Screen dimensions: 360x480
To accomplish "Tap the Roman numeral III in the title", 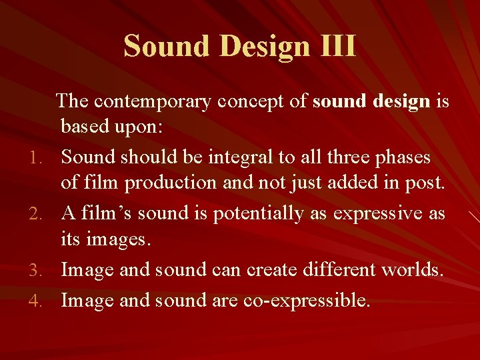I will coord(337,47).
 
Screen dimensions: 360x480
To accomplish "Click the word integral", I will coord(238,157).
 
